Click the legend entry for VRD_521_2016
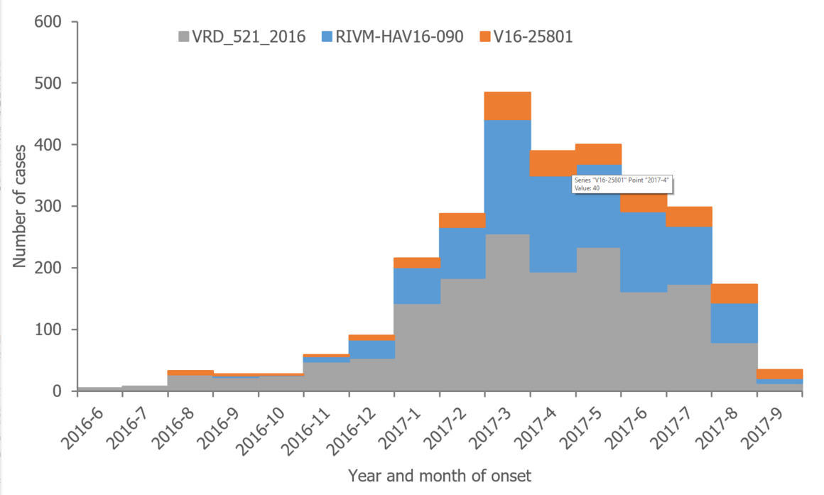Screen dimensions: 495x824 point(242,37)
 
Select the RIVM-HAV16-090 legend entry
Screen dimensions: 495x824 point(394,37)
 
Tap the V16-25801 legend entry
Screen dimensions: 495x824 point(526,37)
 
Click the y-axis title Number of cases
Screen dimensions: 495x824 point(19,207)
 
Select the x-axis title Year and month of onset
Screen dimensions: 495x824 point(439,474)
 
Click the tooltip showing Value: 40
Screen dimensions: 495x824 point(622,185)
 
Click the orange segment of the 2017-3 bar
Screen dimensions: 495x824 point(507,106)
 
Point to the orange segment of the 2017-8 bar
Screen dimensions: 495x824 point(734,293)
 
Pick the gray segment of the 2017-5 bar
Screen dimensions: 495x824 point(598,320)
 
